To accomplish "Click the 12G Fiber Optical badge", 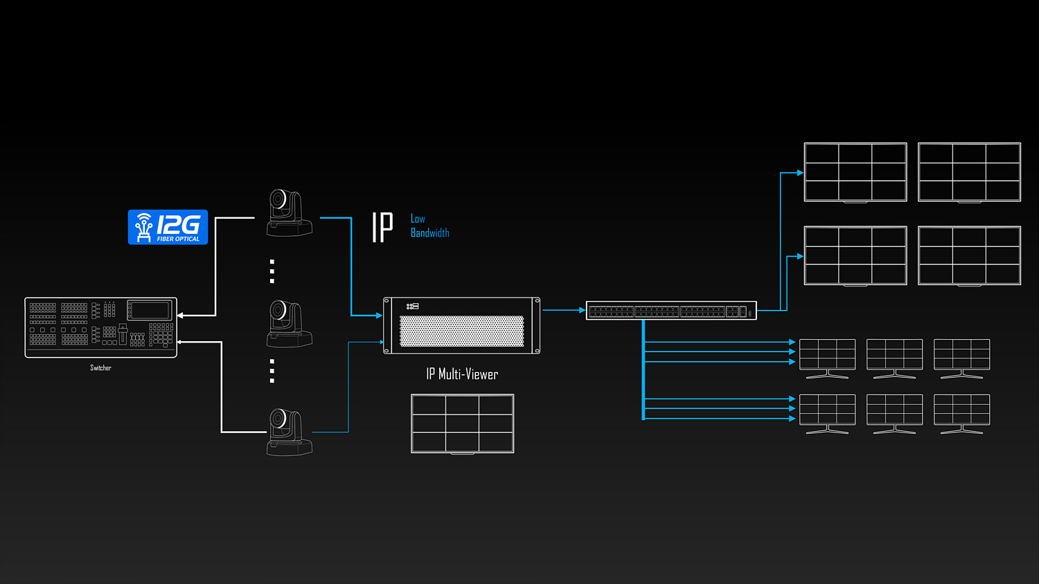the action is (x=168, y=227).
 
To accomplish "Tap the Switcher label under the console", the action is (x=100, y=367).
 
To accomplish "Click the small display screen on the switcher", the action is (x=150, y=310).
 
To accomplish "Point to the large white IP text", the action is (x=382, y=227).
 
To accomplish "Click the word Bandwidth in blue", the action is (x=430, y=232).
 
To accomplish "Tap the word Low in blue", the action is (x=418, y=218).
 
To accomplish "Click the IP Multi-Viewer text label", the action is (x=462, y=374).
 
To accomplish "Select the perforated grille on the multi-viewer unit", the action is (x=461, y=331).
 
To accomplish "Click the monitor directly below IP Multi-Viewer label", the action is (x=463, y=423).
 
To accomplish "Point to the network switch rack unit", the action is (x=671, y=311).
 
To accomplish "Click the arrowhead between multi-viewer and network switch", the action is (x=582, y=310).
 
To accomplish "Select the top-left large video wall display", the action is (x=855, y=172).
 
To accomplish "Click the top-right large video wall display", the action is (x=970, y=172).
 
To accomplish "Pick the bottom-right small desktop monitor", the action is (x=961, y=414).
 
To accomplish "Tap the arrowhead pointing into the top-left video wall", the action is (x=800, y=173).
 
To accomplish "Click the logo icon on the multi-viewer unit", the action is (x=412, y=307).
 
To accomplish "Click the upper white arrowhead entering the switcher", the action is (x=180, y=316).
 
